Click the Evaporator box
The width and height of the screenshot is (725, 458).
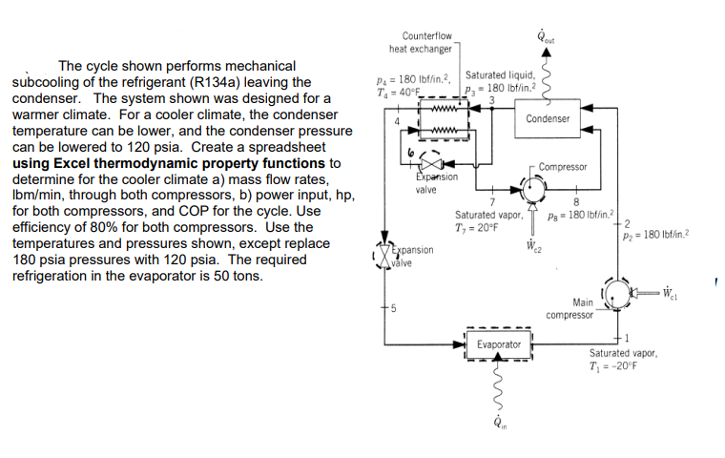499,343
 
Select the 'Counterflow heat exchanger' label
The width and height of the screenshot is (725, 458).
421,42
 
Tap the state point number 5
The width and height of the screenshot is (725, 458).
392,307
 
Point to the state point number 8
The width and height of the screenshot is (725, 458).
576,199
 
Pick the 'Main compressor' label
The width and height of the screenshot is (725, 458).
570,308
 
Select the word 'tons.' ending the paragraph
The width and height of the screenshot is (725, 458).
247,277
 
